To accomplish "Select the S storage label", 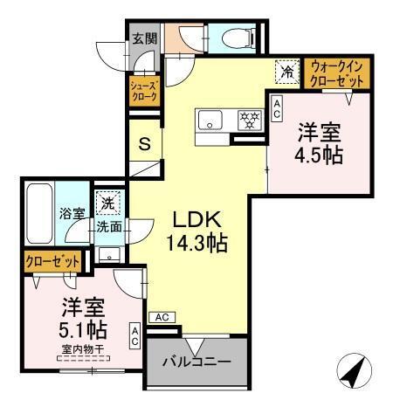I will pyautogui.click(x=145, y=144).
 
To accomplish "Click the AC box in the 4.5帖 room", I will pyautogui.click(x=277, y=108).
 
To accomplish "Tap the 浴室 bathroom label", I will pyautogui.click(x=72, y=213).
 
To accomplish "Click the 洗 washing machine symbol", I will pyautogui.click(x=106, y=202).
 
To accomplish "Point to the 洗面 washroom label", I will pyautogui.click(x=108, y=225).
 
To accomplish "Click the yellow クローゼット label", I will pyautogui.click(x=52, y=261).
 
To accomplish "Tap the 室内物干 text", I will pyautogui.click(x=83, y=351).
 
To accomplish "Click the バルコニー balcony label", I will pyautogui.click(x=196, y=361).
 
